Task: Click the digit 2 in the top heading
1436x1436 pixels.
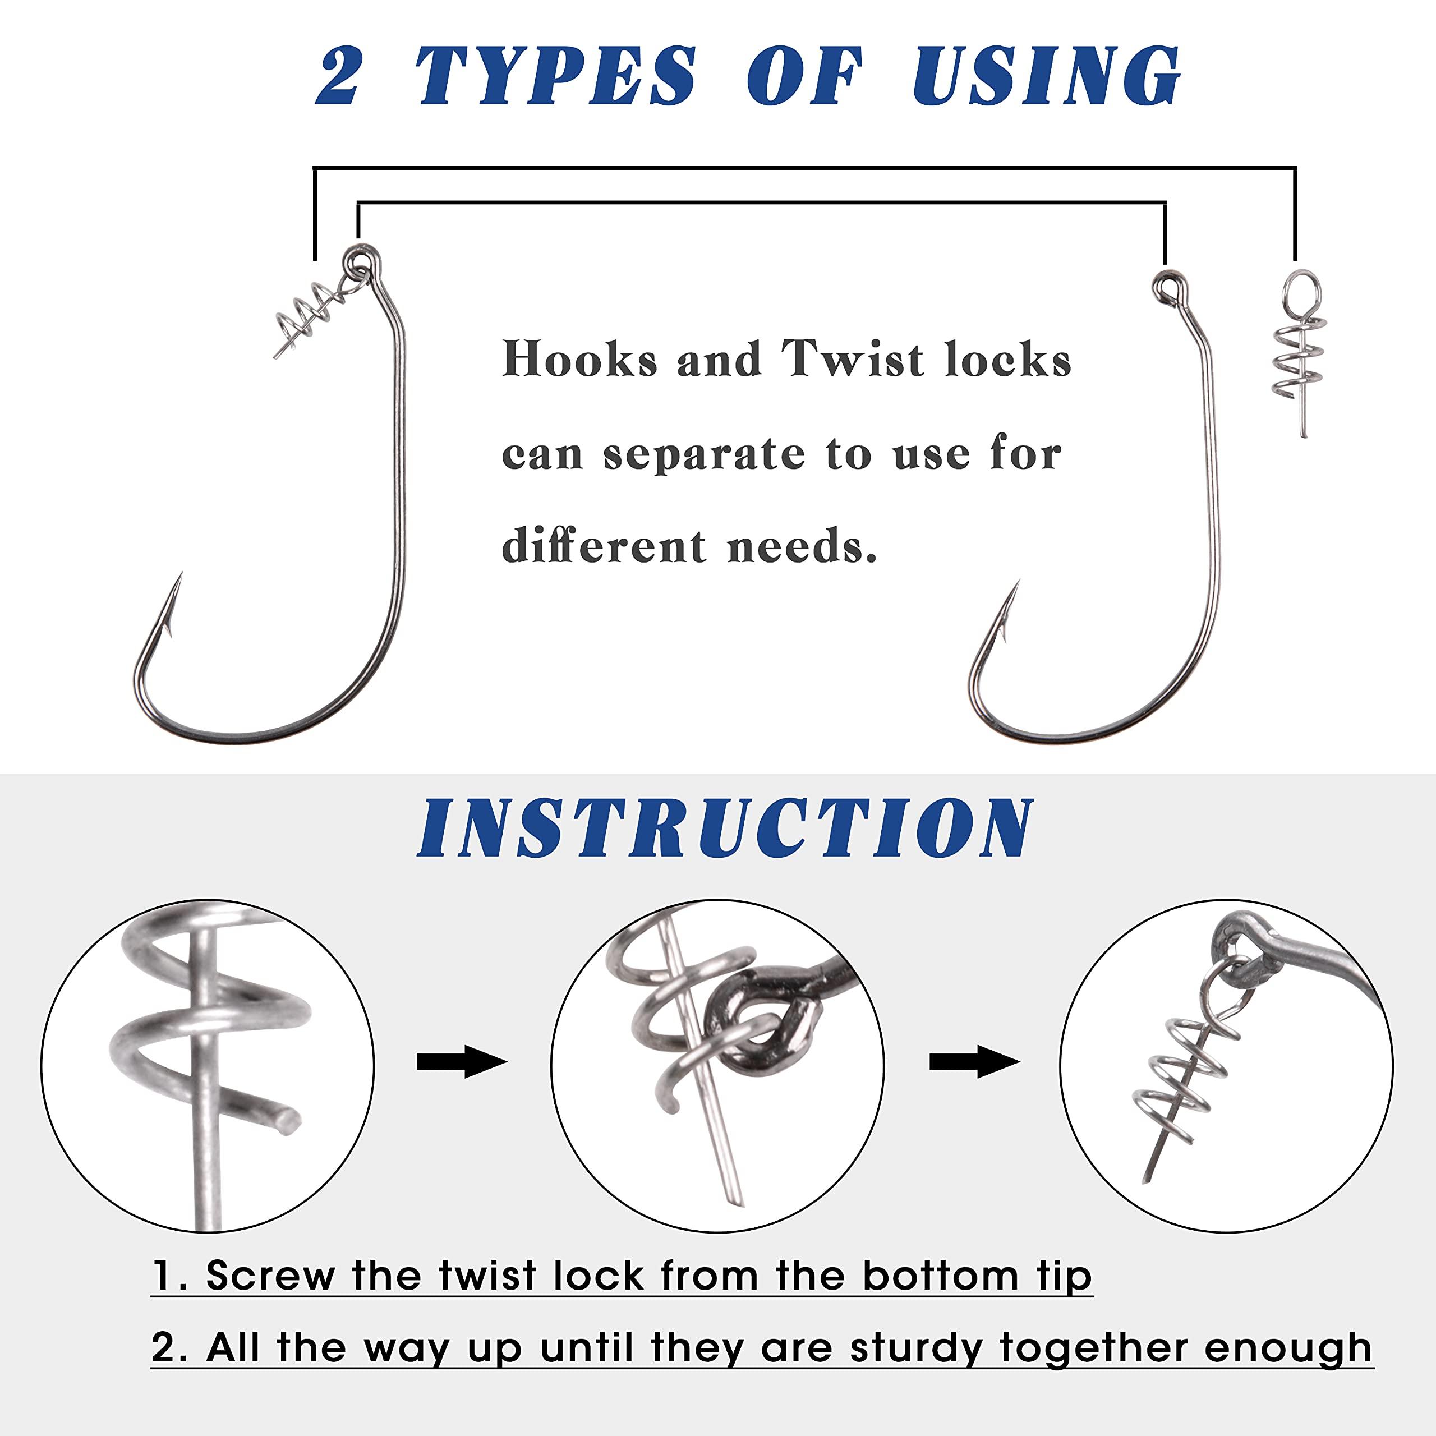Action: pos(339,76)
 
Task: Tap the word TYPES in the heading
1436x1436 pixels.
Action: pos(556,76)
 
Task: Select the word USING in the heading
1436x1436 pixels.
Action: pos(1047,76)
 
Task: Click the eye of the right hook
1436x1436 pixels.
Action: pos(1166,284)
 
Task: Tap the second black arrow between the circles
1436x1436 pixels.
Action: pos(974,1063)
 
